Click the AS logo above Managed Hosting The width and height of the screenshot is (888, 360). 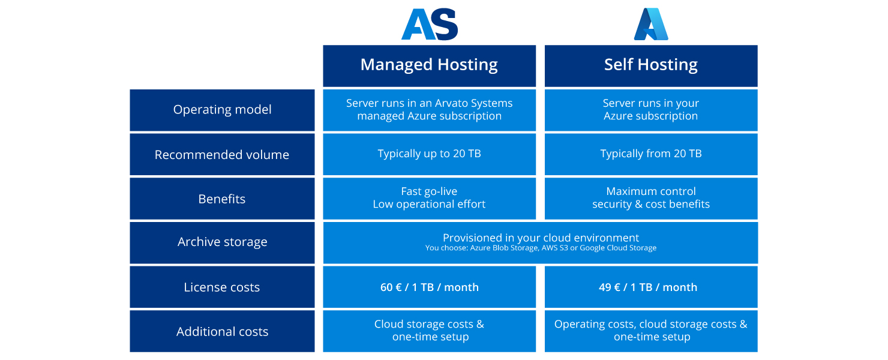(x=429, y=24)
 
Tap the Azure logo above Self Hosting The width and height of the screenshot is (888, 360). (x=651, y=24)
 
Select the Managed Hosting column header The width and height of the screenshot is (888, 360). (x=429, y=65)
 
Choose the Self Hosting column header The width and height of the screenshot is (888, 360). (x=651, y=65)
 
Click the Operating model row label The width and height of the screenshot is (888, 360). (x=222, y=110)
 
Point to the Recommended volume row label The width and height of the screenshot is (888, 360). (x=222, y=155)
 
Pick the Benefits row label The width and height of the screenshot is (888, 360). (x=222, y=199)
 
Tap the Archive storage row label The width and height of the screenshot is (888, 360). (x=222, y=242)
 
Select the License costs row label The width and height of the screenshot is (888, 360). (x=222, y=287)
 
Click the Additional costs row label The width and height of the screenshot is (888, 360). (x=222, y=332)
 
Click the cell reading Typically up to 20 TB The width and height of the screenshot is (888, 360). (x=429, y=154)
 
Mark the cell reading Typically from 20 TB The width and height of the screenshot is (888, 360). (x=651, y=154)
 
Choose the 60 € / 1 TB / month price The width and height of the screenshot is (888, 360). (x=429, y=287)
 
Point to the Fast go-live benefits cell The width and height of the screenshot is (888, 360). (x=429, y=198)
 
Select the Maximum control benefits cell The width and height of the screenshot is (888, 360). (x=651, y=198)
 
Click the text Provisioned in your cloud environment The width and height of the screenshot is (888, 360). (x=541, y=238)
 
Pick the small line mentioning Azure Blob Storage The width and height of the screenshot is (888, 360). (x=541, y=248)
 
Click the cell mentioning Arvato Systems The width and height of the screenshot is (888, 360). (x=429, y=110)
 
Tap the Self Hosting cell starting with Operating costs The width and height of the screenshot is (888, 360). (x=651, y=331)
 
